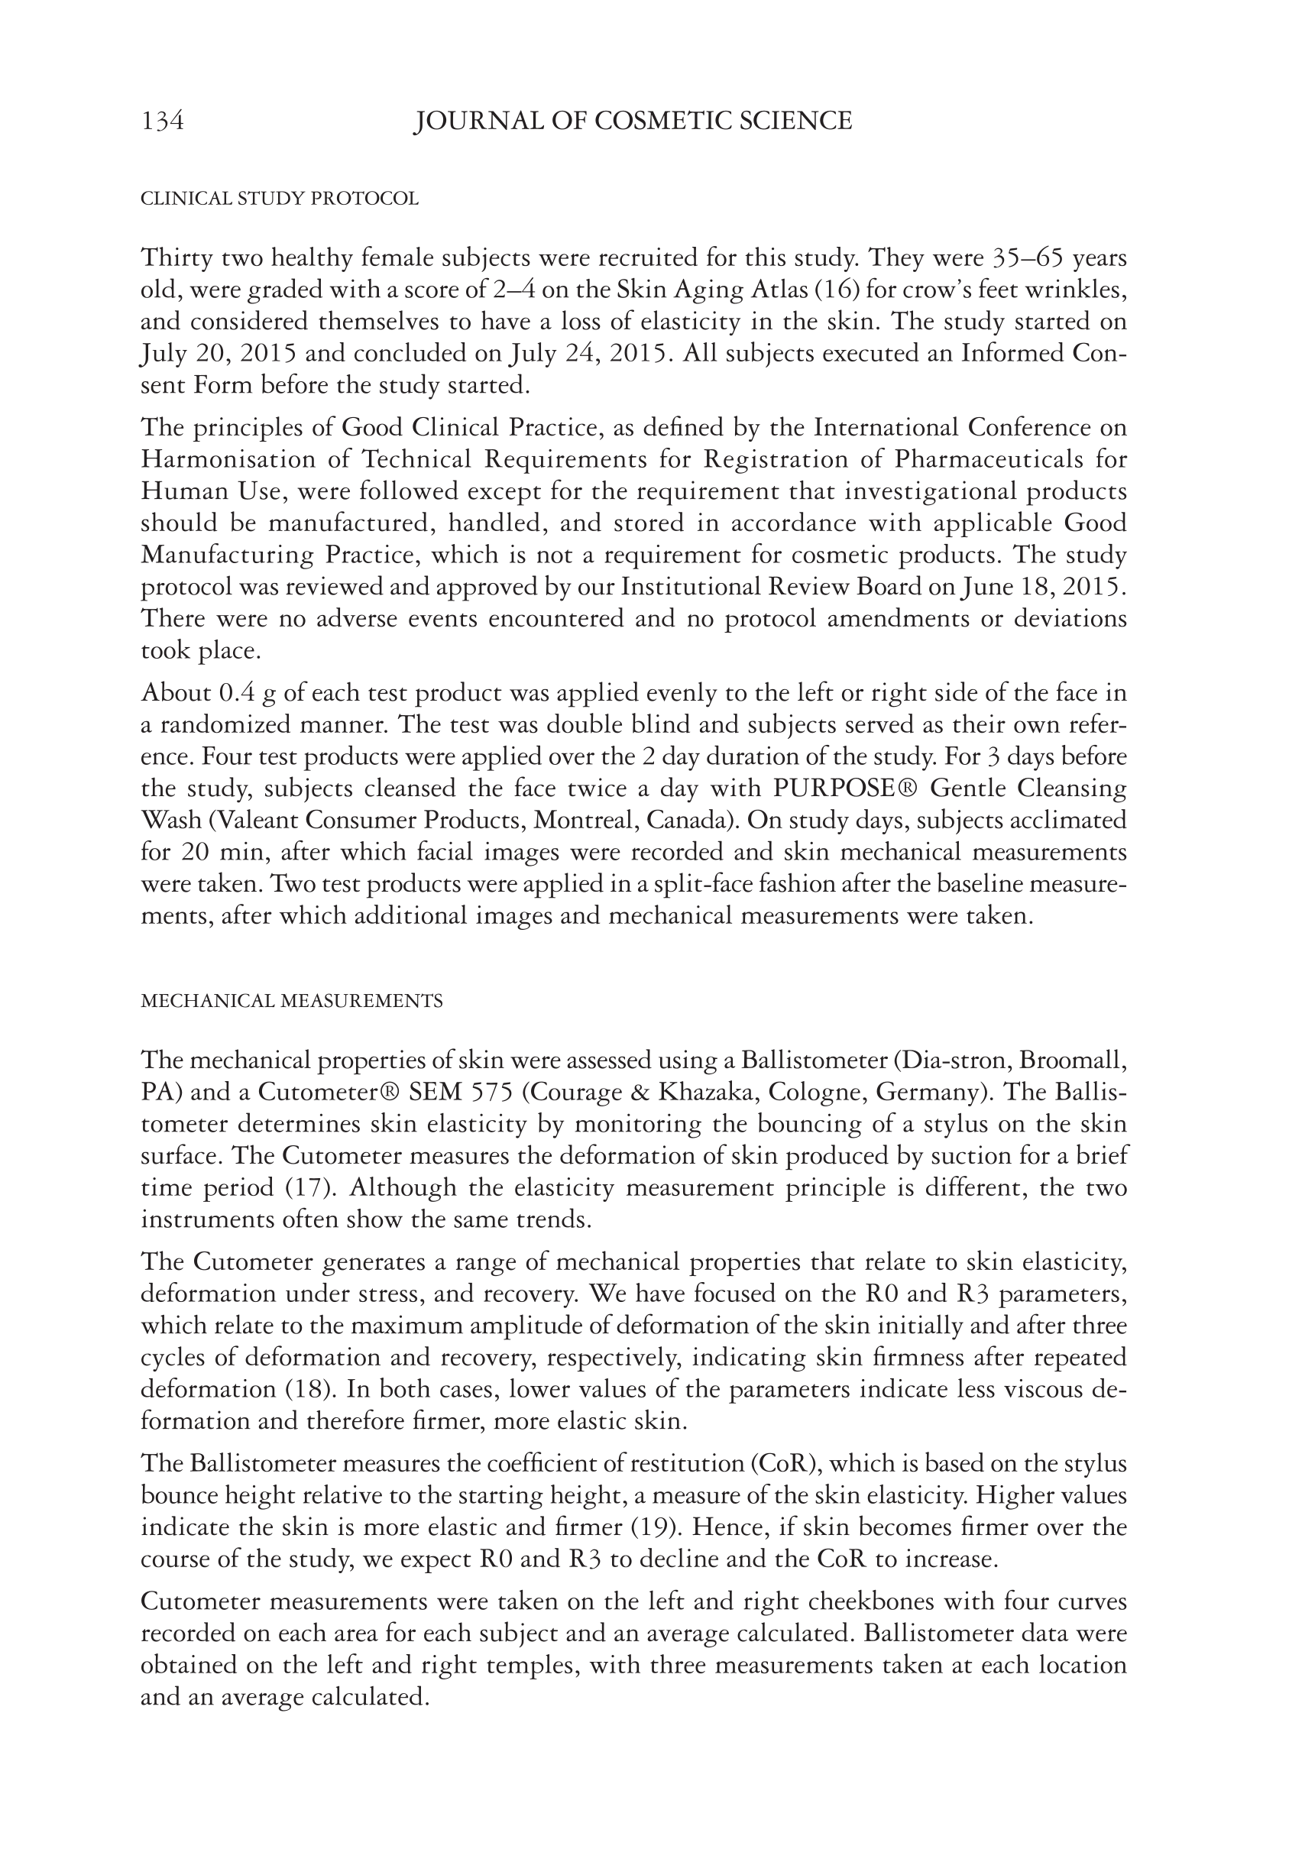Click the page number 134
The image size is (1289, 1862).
coord(162,121)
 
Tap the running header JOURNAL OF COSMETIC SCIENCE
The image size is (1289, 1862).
coord(633,121)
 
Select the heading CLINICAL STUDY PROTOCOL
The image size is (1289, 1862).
coord(280,199)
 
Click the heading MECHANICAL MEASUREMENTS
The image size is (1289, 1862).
coord(292,1001)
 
